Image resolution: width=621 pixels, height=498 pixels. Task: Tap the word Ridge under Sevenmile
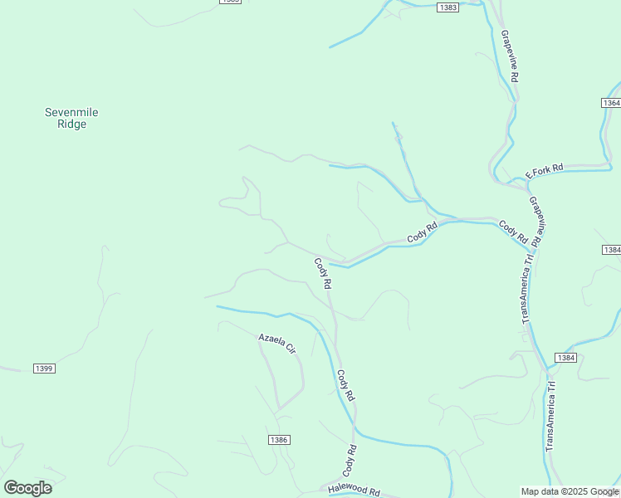click(x=71, y=124)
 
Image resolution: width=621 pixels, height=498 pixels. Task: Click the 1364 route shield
click(x=611, y=103)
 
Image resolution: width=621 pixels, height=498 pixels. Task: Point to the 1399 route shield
click(x=44, y=368)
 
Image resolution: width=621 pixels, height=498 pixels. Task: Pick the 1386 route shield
click(x=279, y=439)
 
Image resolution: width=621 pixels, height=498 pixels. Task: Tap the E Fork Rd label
click(x=545, y=171)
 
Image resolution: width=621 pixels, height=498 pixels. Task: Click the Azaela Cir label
click(x=276, y=344)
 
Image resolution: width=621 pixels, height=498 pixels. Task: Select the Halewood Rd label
click(x=353, y=491)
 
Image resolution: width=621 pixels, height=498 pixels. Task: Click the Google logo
click(x=27, y=488)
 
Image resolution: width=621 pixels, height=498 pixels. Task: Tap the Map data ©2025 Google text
click(x=570, y=491)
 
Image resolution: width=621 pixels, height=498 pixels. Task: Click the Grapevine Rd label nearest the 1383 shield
click(x=510, y=56)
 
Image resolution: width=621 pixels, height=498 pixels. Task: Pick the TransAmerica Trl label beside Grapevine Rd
click(x=526, y=288)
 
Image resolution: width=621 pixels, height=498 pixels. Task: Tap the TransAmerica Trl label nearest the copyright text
click(x=550, y=418)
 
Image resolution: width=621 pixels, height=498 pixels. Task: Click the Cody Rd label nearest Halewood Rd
click(x=350, y=461)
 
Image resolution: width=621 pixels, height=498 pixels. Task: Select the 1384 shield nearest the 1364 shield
click(x=611, y=250)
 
